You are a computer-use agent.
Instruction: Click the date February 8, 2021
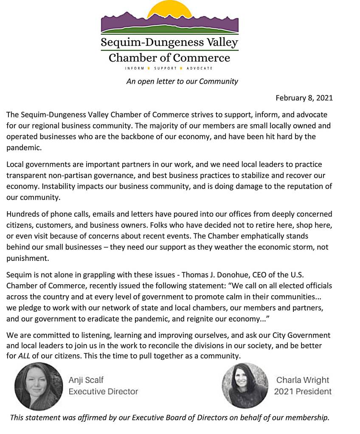(x=304, y=98)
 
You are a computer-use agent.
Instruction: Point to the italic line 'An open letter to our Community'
(x=182, y=81)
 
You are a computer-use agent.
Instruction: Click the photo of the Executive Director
(x=39, y=386)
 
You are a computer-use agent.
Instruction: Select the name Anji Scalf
(x=86, y=380)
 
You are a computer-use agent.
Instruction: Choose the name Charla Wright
(x=303, y=380)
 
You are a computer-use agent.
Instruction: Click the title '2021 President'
(x=303, y=391)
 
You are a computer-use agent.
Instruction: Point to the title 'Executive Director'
(x=103, y=391)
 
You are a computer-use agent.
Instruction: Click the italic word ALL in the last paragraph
(x=24, y=356)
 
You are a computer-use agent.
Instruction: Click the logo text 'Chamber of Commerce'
(x=169, y=58)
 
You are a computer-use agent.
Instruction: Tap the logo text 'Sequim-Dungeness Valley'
(x=169, y=43)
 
